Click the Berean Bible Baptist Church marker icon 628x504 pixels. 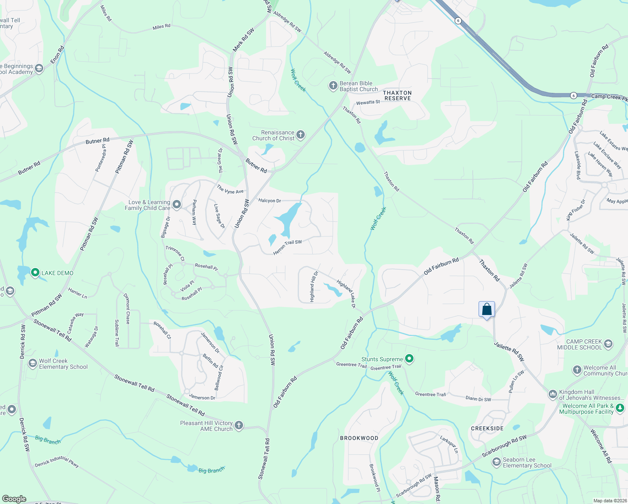click(x=333, y=86)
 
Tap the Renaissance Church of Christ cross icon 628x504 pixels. click(x=300, y=135)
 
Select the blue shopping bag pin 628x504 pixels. click(x=487, y=310)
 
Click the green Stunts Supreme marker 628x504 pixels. click(x=409, y=359)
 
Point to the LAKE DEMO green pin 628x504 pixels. click(x=35, y=273)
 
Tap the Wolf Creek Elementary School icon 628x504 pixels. click(x=32, y=363)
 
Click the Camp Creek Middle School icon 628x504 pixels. click(x=608, y=344)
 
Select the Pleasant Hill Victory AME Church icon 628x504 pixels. click(x=238, y=425)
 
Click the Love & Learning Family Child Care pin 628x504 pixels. click(x=177, y=205)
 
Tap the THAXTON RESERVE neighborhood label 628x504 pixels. click(x=398, y=95)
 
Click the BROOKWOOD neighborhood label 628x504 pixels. click(x=359, y=438)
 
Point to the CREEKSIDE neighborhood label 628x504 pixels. click(x=487, y=428)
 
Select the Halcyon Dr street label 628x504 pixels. click(x=270, y=201)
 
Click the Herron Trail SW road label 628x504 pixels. click(x=288, y=247)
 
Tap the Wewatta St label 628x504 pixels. click(x=368, y=102)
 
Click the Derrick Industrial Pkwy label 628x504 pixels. click(x=57, y=462)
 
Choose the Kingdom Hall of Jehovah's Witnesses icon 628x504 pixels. click(x=552, y=394)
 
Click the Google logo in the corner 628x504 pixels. click(x=14, y=499)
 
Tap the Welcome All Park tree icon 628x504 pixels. click(x=620, y=408)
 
